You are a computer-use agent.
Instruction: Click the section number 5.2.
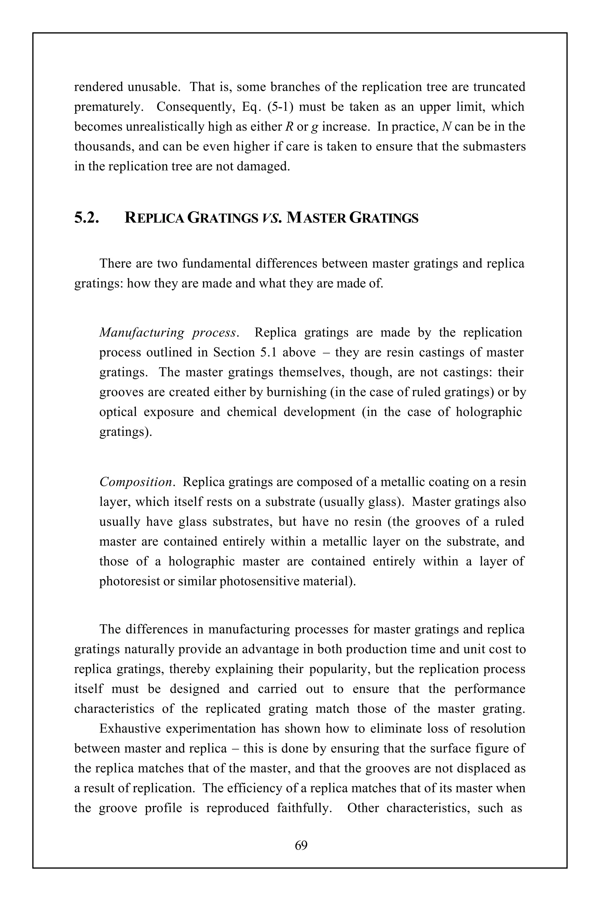87,218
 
